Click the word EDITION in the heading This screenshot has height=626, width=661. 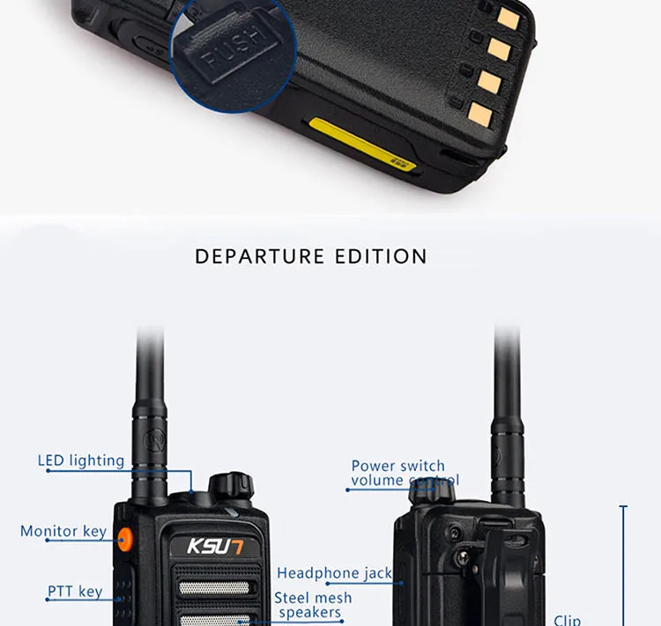coord(382,257)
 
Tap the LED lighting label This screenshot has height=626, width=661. coord(80,460)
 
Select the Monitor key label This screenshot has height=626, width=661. coord(63,531)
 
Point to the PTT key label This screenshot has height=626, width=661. coord(75,592)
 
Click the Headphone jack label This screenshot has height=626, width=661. coord(334,573)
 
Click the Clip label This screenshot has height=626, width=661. coord(567,620)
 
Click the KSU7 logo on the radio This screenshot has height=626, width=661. coord(214,546)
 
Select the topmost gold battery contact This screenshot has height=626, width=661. coord(508,17)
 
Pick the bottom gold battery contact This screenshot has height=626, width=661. coord(480,112)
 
